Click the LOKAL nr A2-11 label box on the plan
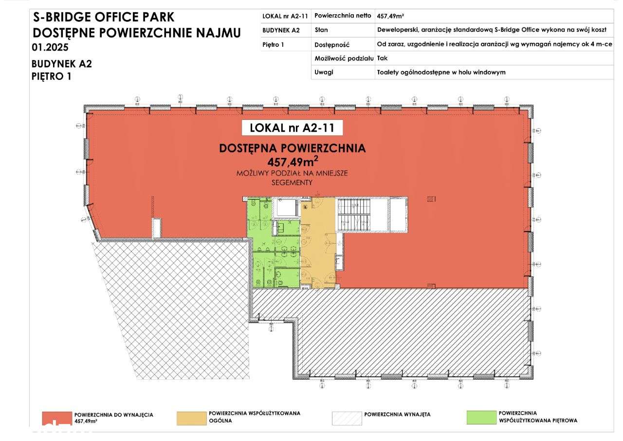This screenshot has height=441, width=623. click(292, 128)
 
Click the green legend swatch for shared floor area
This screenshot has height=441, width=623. click(481, 417)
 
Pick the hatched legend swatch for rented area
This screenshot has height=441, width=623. click(346, 419)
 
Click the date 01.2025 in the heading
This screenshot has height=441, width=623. click(50, 48)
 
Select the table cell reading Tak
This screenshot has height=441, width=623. click(382, 58)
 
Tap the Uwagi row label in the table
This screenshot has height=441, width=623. click(324, 72)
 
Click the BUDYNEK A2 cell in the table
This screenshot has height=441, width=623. click(281, 30)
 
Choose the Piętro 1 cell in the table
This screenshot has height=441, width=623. click(274, 44)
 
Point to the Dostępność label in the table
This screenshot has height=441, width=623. click(332, 44)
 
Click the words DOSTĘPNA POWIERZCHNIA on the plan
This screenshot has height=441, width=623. click(292, 149)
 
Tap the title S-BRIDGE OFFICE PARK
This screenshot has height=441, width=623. click(103, 18)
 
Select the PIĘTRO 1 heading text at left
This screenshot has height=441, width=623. click(52, 76)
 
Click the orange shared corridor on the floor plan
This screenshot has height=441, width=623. click(318, 244)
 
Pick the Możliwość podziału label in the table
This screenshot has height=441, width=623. click(344, 58)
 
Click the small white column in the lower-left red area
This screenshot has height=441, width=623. click(156, 228)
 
